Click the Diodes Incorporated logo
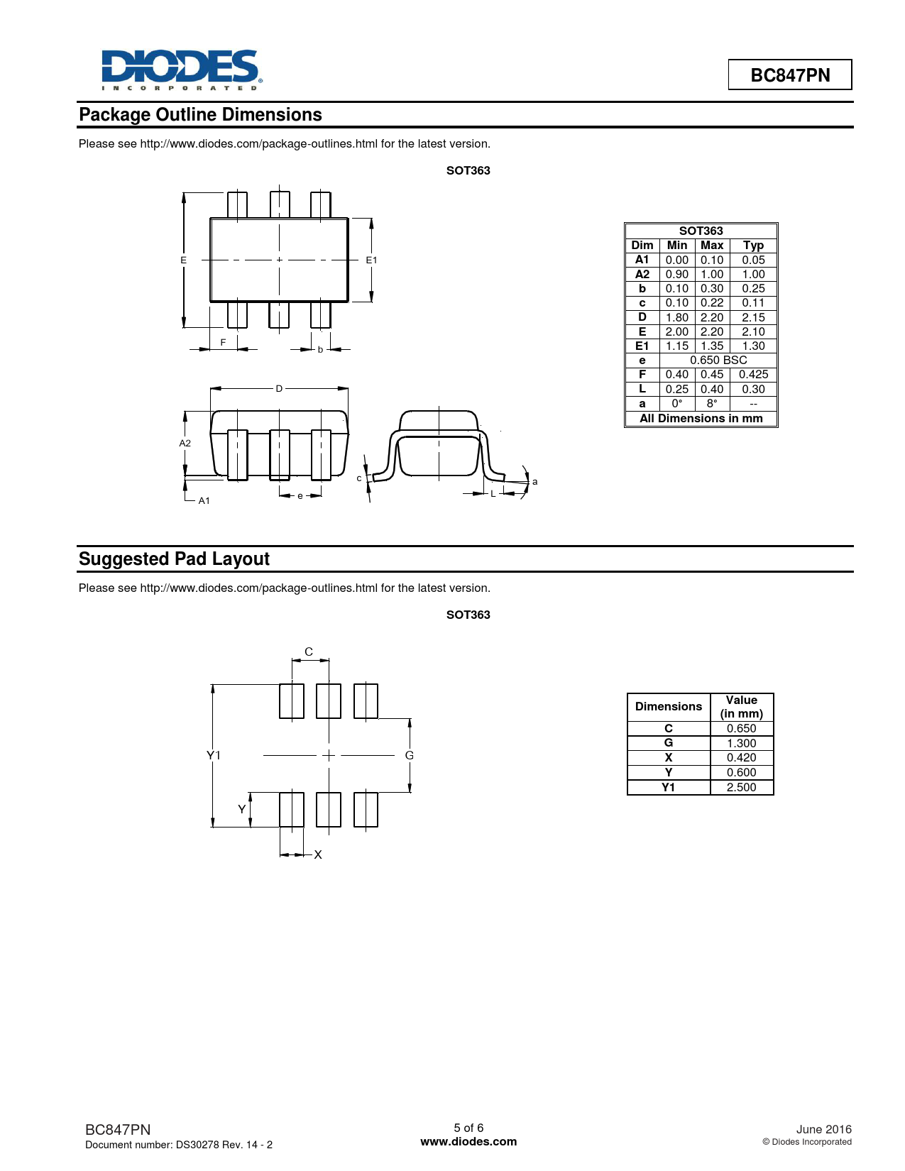point(182,70)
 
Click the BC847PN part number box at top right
point(789,75)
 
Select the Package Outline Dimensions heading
point(200,115)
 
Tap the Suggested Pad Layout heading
point(174,559)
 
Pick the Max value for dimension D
point(711,317)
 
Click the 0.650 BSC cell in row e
point(718,361)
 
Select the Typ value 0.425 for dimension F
point(753,375)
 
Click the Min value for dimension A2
point(676,274)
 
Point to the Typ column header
point(753,246)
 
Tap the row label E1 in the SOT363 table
point(642,346)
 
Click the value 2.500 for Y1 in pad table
point(741,787)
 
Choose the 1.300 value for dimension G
point(741,743)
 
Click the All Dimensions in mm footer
point(701,419)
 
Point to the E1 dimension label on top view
point(371,260)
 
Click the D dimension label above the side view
point(279,389)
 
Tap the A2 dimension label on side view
point(185,444)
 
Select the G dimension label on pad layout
point(409,756)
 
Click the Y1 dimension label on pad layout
point(213,755)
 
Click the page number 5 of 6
point(468,1128)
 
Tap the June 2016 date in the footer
point(823,1129)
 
